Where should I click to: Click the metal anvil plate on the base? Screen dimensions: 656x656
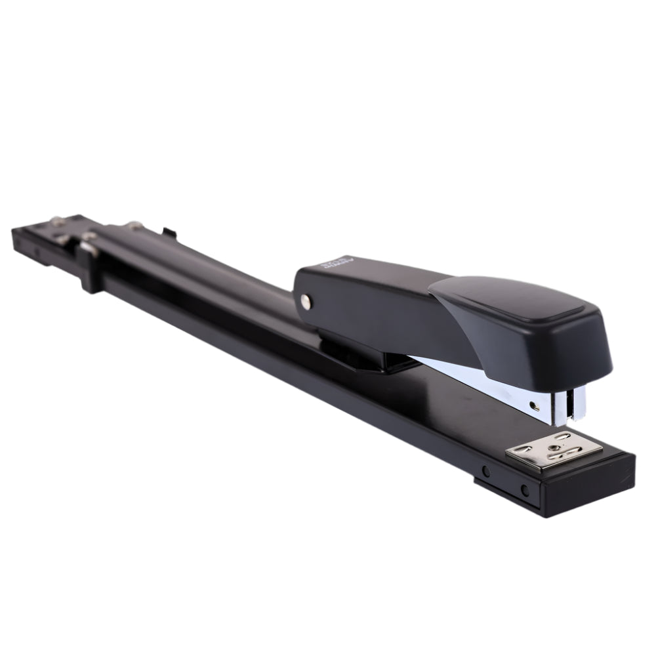click(555, 452)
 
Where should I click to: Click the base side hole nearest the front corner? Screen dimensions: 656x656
click(524, 490)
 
